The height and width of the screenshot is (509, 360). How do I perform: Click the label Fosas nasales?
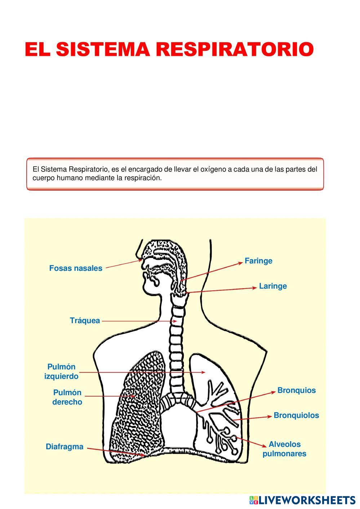click(76, 268)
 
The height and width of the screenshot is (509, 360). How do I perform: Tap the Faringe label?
click(258, 261)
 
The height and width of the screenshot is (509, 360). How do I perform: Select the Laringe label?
click(273, 286)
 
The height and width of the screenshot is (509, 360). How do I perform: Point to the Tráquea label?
click(85, 321)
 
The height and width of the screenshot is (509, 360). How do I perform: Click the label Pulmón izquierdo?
click(61, 371)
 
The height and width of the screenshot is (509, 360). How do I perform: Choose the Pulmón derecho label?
click(67, 397)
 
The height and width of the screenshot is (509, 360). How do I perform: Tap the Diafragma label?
click(65, 447)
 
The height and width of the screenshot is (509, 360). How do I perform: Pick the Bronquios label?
click(296, 390)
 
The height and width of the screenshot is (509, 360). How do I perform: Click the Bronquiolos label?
click(296, 415)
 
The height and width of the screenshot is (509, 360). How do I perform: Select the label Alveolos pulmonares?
click(284, 449)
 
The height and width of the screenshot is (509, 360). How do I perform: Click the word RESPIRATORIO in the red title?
click(234, 49)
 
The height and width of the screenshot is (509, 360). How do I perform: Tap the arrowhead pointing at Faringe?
click(241, 263)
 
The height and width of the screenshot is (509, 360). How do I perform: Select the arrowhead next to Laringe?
click(255, 288)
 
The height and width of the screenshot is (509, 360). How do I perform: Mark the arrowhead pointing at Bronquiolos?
click(270, 416)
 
